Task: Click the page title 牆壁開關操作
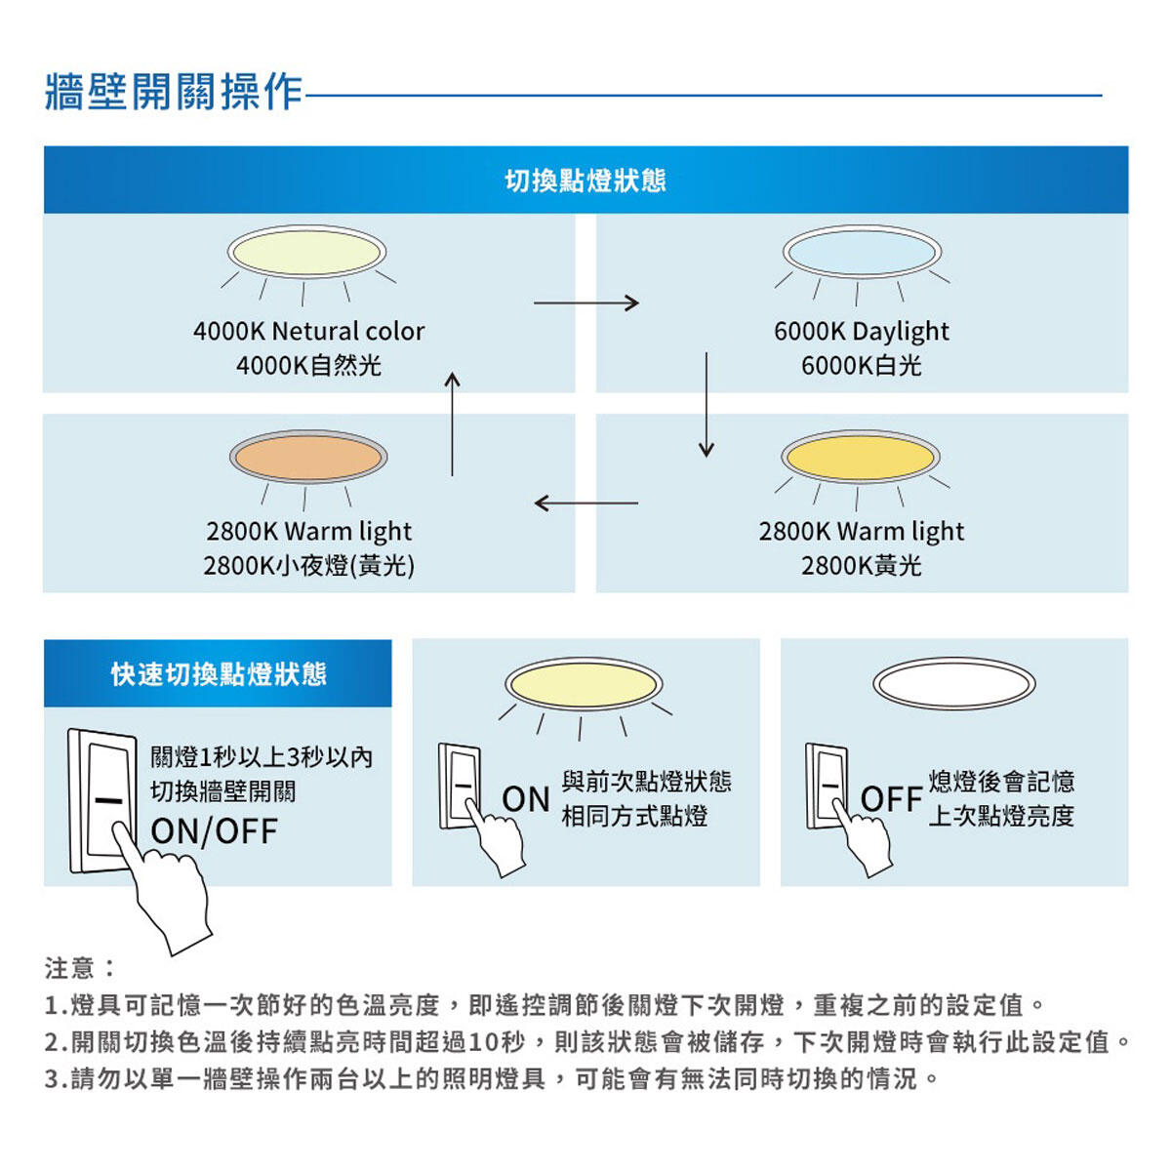pyautogui.click(x=174, y=92)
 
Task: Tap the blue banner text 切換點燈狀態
pyautogui.click(x=585, y=181)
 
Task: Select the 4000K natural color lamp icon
pyautogui.click(x=306, y=252)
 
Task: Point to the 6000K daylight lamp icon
pyautogui.click(x=861, y=252)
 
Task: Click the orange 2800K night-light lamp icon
pyautogui.click(x=308, y=457)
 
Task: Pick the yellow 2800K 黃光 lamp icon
pyautogui.click(x=860, y=457)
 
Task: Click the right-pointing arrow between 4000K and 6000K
pyautogui.click(x=585, y=303)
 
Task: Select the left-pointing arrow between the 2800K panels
pyautogui.click(x=585, y=504)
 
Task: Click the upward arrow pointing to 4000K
pyautogui.click(x=452, y=424)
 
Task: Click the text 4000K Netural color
pyautogui.click(x=308, y=332)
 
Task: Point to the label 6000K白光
pyautogui.click(x=861, y=366)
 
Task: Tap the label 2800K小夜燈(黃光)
pyautogui.click(x=308, y=566)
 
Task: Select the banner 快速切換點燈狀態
pyautogui.click(x=218, y=674)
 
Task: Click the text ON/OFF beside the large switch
pyautogui.click(x=215, y=831)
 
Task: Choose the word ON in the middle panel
pyautogui.click(x=526, y=799)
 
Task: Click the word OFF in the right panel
pyautogui.click(x=891, y=799)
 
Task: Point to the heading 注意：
pyautogui.click(x=80, y=968)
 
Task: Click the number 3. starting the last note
pyautogui.click(x=56, y=1080)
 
